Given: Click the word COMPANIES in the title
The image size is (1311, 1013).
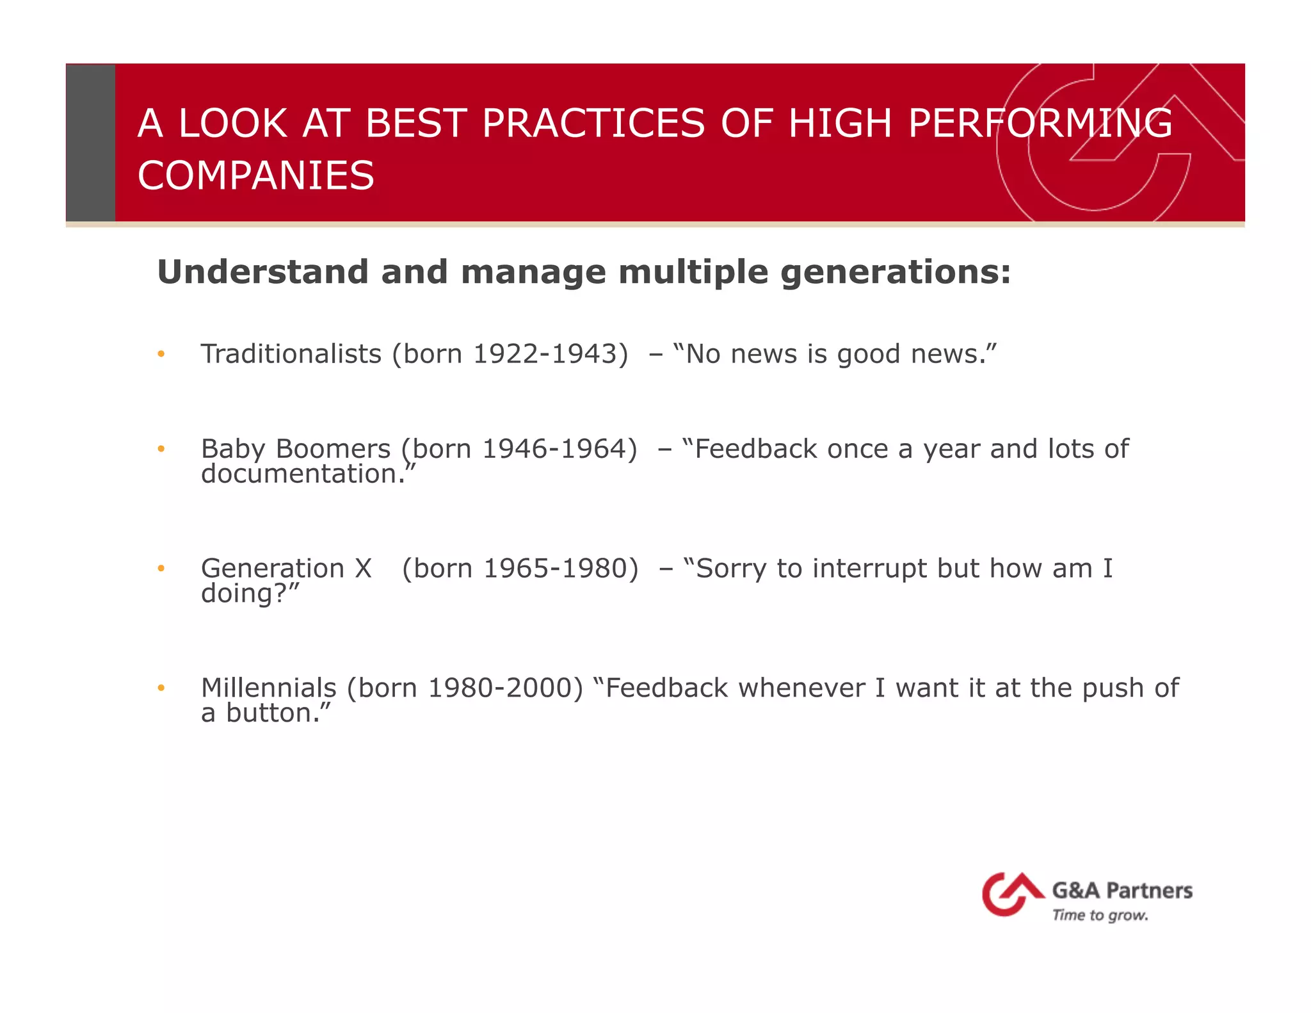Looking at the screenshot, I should pos(255,175).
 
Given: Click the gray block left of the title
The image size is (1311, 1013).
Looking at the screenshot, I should pos(90,142).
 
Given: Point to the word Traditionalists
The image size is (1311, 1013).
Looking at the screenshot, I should pos(291,354).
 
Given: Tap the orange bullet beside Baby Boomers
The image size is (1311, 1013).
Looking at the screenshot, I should pos(161,449).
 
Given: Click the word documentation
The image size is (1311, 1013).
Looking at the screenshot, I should pos(303,474).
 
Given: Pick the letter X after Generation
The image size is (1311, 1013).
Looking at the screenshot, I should pos(363,569).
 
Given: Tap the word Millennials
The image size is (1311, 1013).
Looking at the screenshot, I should pos(268,688).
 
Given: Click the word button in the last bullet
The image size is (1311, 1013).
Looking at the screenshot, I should pos(273,713).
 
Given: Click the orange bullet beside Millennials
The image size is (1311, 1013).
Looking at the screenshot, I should pos(161,688).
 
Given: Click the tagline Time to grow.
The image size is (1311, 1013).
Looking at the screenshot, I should pos(1100,916).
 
